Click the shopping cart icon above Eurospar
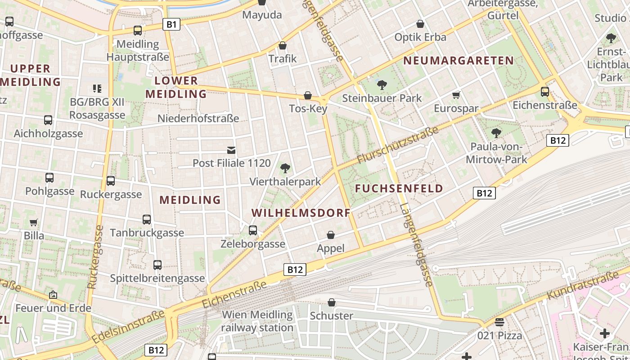pyautogui.click(x=456, y=95)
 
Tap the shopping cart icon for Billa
pyautogui.click(x=34, y=222)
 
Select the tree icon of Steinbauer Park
pyautogui.click(x=382, y=84)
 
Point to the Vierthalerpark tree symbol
pyautogui.click(x=285, y=168)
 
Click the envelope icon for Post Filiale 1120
pyautogui.click(x=231, y=150)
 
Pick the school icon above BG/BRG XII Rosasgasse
pyautogui.click(x=97, y=89)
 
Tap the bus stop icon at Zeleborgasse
pyautogui.click(x=253, y=230)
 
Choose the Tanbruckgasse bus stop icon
pyautogui.click(x=147, y=220)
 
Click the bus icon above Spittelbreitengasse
pyautogui.click(x=157, y=265)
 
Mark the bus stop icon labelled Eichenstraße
pyautogui.click(x=545, y=92)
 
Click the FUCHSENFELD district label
pyautogui.click(x=399, y=189)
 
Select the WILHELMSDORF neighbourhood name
pyautogui.click(x=301, y=213)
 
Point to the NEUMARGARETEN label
pyautogui.click(x=459, y=61)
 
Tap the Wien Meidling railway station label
pyautogui.click(x=257, y=321)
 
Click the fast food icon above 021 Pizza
pyautogui.click(x=499, y=322)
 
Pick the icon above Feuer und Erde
pyautogui.click(x=53, y=295)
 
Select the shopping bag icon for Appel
pyautogui.click(x=331, y=235)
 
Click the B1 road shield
pyautogui.click(x=171, y=24)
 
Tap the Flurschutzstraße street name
pyautogui.click(x=397, y=145)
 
